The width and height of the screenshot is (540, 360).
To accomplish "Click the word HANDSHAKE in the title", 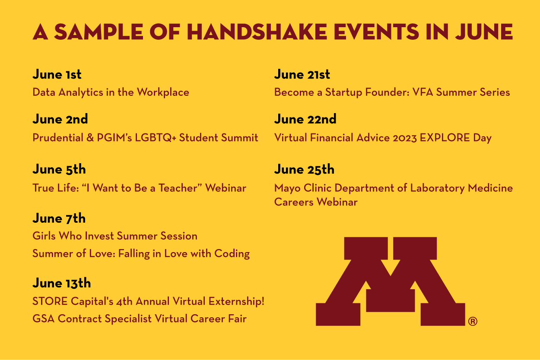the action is pyautogui.click(x=257, y=32).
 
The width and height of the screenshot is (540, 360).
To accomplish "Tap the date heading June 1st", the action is pyautogui.click(x=57, y=74).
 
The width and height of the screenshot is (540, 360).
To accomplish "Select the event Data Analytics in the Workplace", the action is pyautogui.click(x=111, y=92).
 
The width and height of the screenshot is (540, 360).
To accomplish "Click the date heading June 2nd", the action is pyautogui.click(x=60, y=119).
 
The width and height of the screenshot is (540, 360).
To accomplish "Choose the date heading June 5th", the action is pyautogui.click(x=59, y=169).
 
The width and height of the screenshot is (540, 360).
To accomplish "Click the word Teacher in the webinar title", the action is pyautogui.click(x=180, y=188).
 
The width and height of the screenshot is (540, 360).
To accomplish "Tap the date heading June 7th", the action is pyautogui.click(x=59, y=218).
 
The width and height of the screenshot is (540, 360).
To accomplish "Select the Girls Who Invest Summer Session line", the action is pyautogui.click(x=115, y=236).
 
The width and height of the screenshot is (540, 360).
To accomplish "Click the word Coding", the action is pyautogui.click(x=232, y=254).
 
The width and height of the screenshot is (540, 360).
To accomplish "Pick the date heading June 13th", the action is pyautogui.click(x=62, y=283).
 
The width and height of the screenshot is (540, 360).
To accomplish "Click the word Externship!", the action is pyautogui.click(x=236, y=301).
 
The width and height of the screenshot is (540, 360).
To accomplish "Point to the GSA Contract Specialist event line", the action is pyautogui.click(x=140, y=319).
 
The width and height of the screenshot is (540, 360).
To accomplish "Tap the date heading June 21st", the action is pyautogui.click(x=302, y=74).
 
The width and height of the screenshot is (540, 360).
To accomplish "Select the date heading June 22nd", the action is pyautogui.click(x=305, y=119).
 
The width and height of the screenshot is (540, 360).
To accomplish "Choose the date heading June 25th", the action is pyautogui.click(x=304, y=169).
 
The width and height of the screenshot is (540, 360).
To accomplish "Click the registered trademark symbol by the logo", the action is pyautogui.click(x=473, y=321).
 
